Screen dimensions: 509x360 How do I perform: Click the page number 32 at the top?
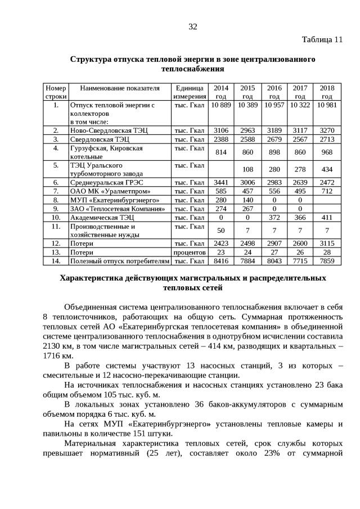click(x=193, y=27)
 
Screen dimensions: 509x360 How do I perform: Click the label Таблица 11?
click(x=322, y=40)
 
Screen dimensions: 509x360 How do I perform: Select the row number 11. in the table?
click(x=56, y=226)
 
